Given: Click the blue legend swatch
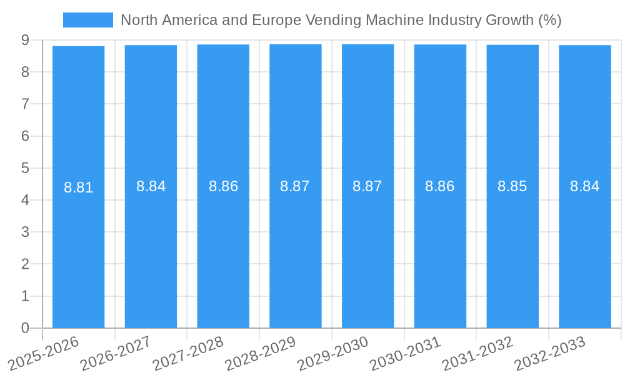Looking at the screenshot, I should [87, 20].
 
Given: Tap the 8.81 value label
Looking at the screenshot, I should [78, 187].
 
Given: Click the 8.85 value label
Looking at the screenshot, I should [512, 186].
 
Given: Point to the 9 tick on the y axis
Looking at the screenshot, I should [25, 40].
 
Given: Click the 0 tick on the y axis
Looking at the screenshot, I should [25, 328].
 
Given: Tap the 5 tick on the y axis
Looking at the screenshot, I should [25, 168].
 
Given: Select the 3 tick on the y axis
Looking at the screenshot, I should [25, 232].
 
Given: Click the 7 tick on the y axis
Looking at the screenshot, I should [25, 104].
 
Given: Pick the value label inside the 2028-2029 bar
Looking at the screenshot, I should [295, 186].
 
